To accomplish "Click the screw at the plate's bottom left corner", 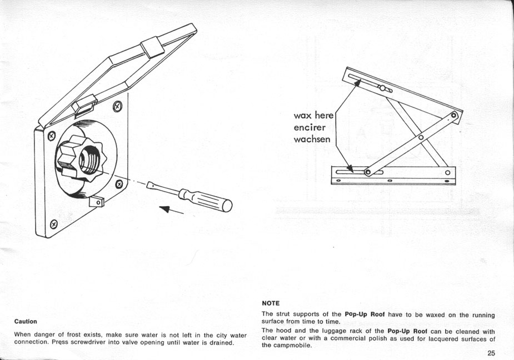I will point(53,224).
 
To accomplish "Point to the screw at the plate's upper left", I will point(52,135).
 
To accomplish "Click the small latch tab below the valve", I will point(98,202).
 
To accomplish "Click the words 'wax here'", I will point(313,116).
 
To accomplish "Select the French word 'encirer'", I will point(310,127).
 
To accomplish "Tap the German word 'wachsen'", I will point(312,139).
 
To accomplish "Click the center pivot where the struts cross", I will point(421,137).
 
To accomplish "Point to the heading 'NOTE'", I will point(270,303).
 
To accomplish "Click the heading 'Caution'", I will point(26,321).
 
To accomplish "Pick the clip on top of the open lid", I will point(152,47).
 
